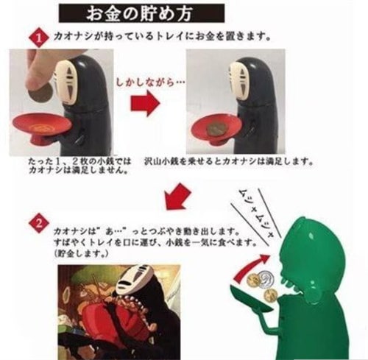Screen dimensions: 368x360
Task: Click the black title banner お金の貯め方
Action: point(141,13)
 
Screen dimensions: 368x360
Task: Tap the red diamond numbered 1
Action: point(39,38)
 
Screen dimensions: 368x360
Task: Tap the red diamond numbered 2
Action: point(39,224)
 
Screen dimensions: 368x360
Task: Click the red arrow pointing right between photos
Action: point(145,103)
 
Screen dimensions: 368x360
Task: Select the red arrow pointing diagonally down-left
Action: point(177,197)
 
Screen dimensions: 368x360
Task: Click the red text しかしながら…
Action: point(150,82)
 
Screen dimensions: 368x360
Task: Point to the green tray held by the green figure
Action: point(250,299)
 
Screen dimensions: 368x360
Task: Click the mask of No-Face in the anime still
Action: point(135,280)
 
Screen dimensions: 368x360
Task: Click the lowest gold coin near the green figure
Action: point(271,294)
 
